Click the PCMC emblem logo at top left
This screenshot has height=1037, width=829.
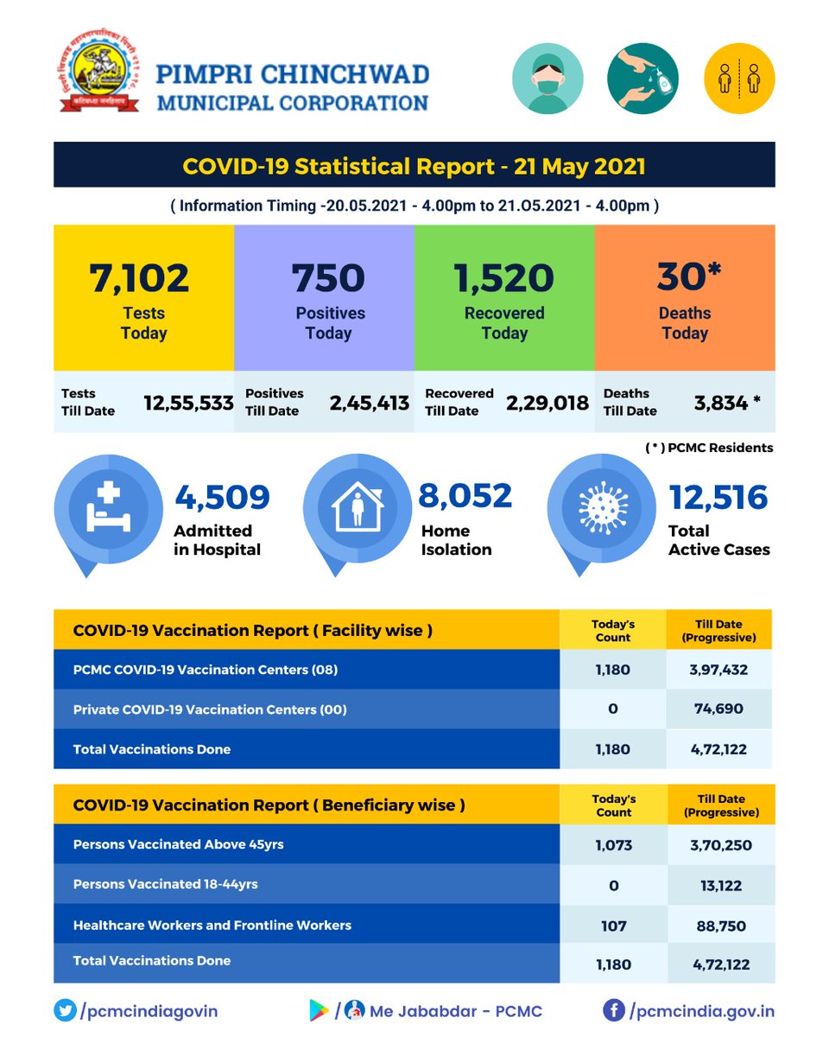click(x=98, y=77)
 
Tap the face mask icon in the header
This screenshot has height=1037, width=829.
click(x=547, y=80)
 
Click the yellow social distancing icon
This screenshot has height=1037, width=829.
click(x=740, y=80)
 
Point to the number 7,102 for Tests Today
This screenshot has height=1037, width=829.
click(x=140, y=277)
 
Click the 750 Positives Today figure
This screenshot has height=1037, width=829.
click(x=328, y=277)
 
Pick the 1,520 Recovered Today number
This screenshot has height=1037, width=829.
click(x=504, y=277)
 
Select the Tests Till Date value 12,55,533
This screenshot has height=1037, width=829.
click(x=189, y=402)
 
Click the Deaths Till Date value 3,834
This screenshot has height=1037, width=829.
click(x=722, y=402)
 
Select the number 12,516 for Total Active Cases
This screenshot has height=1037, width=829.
click(x=718, y=497)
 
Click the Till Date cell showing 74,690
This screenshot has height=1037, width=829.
click(x=718, y=709)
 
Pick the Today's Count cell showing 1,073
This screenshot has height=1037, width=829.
click(x=613, y=845)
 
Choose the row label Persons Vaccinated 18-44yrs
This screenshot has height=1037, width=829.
click(x=166, y=884)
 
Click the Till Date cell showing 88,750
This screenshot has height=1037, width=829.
click(x=718, y=926)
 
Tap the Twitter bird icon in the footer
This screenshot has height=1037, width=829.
click(x=64, y=1010)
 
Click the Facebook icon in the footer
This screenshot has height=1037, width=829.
click(x=613, y=1010)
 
